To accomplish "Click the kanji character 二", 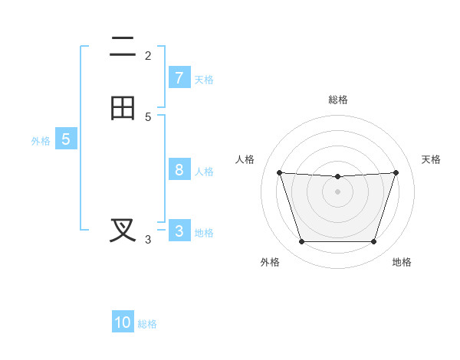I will coord(123,47).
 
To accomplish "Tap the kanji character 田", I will coord(123,108).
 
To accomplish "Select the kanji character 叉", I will coord(123,230).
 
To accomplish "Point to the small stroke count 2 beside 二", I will coord(148,55).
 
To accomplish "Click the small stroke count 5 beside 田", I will coord(148,116).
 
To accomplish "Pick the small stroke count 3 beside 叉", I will coord(148,240).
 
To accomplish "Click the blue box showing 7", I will coord(179,78).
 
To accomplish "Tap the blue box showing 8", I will coord(179,170).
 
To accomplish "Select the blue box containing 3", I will coord(179,231).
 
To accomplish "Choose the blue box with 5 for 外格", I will coord(66,139).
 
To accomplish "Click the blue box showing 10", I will coord(123,322).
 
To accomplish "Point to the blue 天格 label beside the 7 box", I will coord(204,79).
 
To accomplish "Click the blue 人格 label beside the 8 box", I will coord(204,171).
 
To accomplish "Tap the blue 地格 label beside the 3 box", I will coord(204,232).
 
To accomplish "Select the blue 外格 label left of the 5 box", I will coord(41,140).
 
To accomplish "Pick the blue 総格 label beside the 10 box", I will coord(147,324).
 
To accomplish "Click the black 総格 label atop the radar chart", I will coord(338,100).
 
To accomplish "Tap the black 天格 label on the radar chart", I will coord(431,159).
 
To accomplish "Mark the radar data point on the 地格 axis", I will coord(373,242).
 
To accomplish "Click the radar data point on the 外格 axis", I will coord(301,242).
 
